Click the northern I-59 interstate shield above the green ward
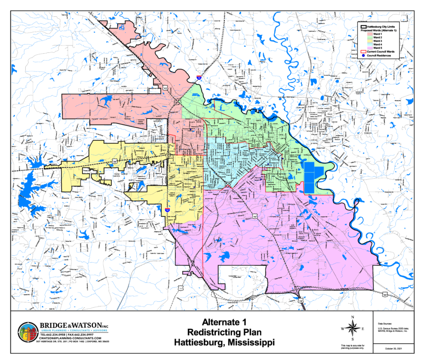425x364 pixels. tap(199, 78)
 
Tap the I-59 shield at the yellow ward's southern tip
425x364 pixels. tap(167, 210)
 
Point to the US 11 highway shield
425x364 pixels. tap(180, 287)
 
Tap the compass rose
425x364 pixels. tap(352, 328)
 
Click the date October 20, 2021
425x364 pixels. tap(391, 349)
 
